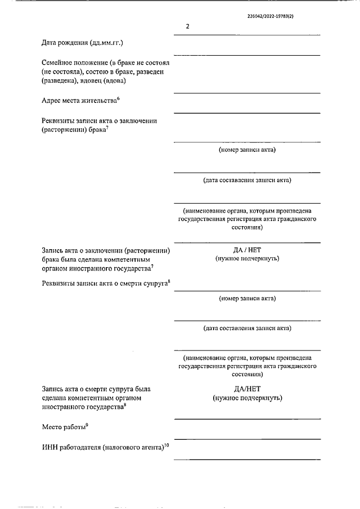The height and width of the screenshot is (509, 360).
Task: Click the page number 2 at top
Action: [187, 26]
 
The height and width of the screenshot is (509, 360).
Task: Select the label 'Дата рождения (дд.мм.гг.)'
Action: [83, 43]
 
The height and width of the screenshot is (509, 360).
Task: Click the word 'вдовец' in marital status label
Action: [97, 81]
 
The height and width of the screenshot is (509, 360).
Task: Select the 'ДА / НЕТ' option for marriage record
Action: [247, 249]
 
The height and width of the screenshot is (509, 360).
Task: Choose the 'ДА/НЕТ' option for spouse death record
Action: [247, 389]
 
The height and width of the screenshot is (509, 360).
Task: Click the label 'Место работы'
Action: [63, 427]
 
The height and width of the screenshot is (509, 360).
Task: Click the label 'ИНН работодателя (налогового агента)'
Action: [102, 448]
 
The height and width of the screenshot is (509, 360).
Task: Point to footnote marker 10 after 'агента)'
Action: [166, 445]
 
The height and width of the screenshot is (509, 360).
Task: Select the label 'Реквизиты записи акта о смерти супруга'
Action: [104, 282]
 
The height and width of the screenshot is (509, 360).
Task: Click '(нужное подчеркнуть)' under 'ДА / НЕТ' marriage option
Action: [247, 259]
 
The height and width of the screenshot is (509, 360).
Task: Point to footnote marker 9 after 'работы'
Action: [87, 425]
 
